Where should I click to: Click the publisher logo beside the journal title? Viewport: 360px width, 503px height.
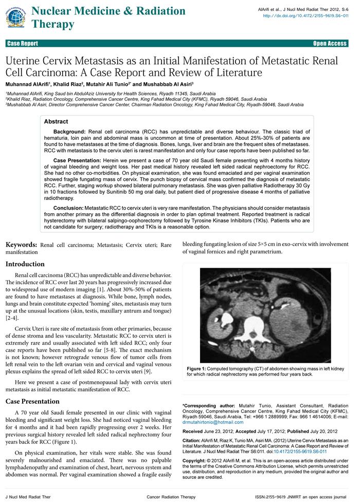coord(15,17)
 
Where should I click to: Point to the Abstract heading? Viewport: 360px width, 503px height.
coord(56,122)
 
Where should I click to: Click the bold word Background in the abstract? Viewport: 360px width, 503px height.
coord(69,132)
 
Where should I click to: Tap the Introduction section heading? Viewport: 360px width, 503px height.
coord(26,264)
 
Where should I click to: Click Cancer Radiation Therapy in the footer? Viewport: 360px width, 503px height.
coord(171,497)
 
